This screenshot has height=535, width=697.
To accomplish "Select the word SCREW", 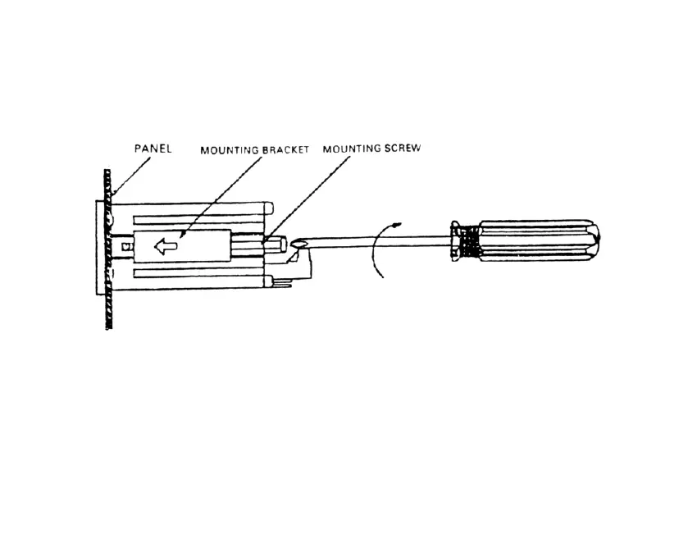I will point(403,149).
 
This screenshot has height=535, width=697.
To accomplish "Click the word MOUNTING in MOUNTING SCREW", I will point(351,149).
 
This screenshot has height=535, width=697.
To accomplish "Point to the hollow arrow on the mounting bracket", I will point(166,245).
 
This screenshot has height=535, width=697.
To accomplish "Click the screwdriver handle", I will point(537,240).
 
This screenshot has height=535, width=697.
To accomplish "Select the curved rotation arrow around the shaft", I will point(374,250).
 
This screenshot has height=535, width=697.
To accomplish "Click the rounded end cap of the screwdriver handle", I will point(596,239).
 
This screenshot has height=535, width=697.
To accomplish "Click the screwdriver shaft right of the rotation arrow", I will point(422,240).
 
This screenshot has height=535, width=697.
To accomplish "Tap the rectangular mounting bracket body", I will point(205,245).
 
